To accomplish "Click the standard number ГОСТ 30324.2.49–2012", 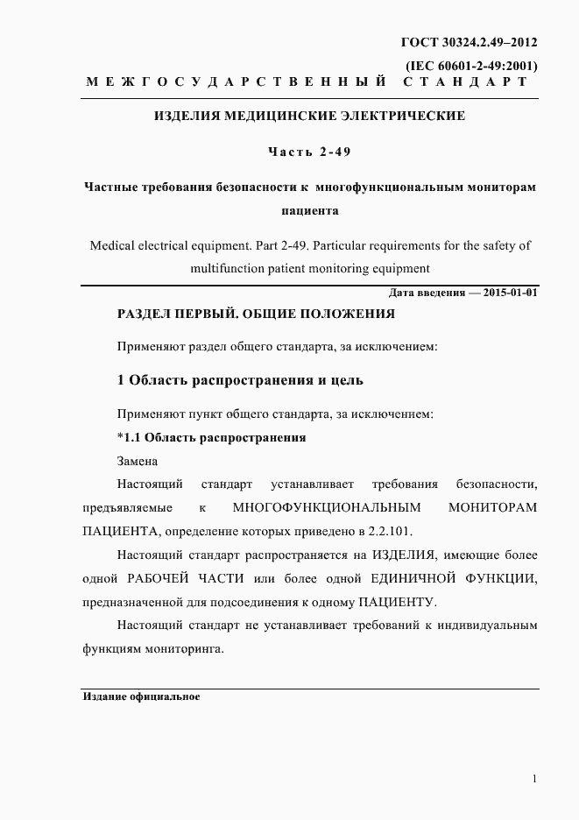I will (469, 42).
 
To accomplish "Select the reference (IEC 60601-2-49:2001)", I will (471, 66).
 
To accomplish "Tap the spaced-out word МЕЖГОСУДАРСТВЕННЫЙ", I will (237, 82).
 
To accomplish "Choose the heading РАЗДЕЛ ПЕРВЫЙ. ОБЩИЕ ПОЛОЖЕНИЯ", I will (256, 314).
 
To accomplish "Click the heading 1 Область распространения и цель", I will (239, 380).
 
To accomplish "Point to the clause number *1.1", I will (130, 437).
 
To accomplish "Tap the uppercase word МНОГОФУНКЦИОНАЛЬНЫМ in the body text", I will (327, 508).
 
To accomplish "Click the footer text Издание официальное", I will (142, 697).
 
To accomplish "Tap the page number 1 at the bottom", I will (533, 779).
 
